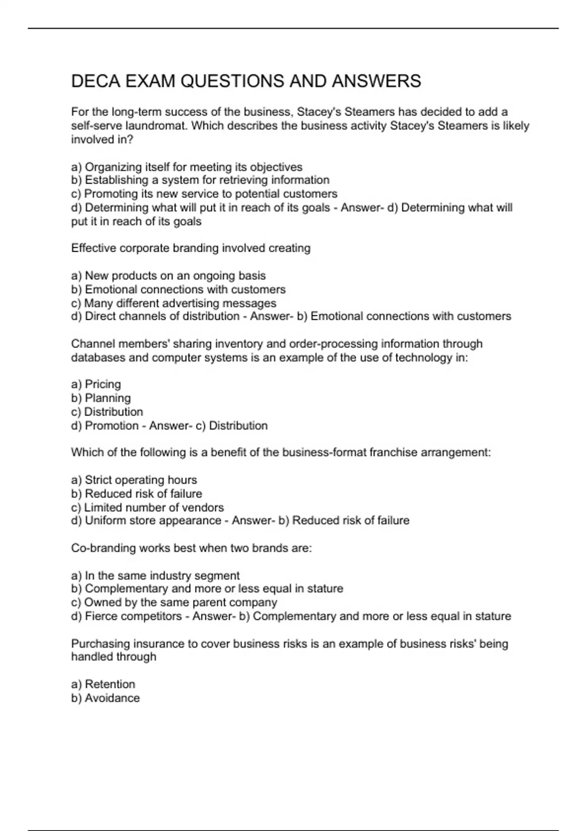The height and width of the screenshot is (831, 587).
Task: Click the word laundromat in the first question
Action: (x=156, y=126)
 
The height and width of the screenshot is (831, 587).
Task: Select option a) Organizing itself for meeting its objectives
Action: (x=186, y=167)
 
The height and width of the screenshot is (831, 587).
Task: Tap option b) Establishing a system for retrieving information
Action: (x=200, y=180)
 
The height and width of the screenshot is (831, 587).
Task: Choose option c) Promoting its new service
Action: (x=204, y=194)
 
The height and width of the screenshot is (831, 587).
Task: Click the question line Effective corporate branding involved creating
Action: (x=190, y=248)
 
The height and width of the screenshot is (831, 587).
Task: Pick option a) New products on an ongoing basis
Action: (x=168, y=276)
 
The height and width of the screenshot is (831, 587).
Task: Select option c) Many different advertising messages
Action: (x=174, y=304)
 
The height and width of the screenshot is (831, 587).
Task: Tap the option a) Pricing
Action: (x=96, y=384)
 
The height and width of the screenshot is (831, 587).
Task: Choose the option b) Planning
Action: (x=101, y=398)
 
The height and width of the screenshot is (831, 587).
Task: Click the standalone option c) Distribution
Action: (x=107, y=412)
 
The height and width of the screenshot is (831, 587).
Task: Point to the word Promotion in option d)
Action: (x=112, y=426)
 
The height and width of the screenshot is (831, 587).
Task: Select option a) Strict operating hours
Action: (x=134, y=480)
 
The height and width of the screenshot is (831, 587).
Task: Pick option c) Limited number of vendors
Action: (x=147, y=508)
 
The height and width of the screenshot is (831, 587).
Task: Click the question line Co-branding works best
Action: (x=191, y=548)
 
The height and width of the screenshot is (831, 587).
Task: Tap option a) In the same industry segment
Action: (x=155, y=576)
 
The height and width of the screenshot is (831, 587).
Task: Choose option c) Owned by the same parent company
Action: (x=174, y=603)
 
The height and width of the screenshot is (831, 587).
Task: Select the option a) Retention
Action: (x=103, y=684)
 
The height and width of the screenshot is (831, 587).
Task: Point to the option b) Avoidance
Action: (x=105, y=698)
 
